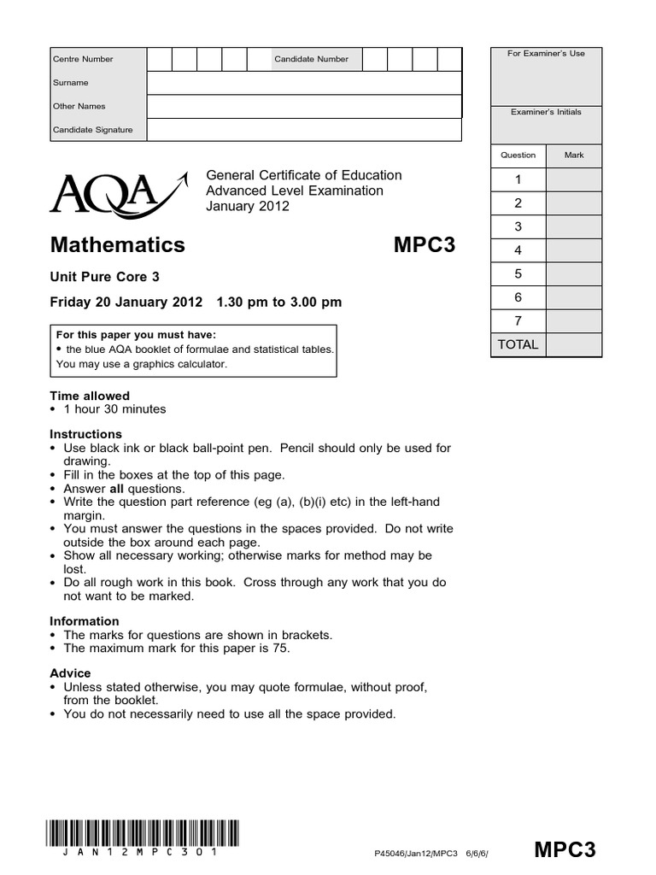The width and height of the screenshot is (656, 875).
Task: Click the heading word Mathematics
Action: click(118, 244)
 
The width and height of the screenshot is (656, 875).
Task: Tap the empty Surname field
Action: click(304, 83)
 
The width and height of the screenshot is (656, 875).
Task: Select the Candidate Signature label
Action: click(93, 130)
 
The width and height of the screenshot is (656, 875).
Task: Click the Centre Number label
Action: click(83, 59)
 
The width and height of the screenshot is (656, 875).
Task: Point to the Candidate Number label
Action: click(311, 59)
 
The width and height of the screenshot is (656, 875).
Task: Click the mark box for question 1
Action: click(574, 179)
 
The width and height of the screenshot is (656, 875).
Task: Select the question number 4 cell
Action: click(518, 250)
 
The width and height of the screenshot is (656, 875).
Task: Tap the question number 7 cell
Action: click(518, 321)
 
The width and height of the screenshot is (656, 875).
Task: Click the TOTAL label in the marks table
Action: click(518, 344)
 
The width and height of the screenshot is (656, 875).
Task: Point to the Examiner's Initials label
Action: click(546, 112)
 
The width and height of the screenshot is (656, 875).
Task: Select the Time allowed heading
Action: click(90, 396)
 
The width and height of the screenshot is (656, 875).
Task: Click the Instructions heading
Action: click(86, 434)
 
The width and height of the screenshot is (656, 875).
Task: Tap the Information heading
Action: click(85, 621)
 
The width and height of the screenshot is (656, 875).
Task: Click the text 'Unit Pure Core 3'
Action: click(105, 277)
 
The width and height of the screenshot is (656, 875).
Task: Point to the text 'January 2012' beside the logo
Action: click(248, 206)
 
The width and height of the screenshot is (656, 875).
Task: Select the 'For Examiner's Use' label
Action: click(546, 54)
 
